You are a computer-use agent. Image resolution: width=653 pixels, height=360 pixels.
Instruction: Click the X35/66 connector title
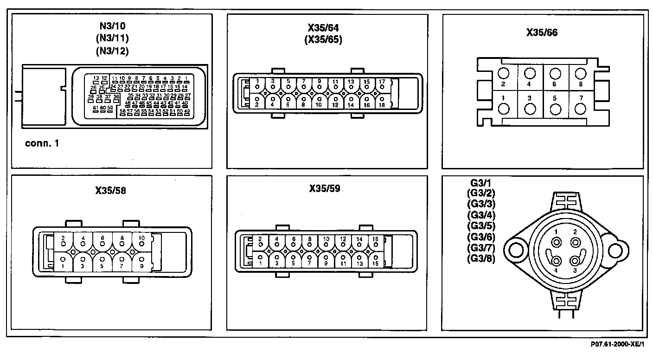[x=542, y=32]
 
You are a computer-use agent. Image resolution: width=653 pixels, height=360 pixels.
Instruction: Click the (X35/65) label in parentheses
[x=323, y=40]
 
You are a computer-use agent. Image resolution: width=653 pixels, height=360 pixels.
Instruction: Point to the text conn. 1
[x=42, y=143]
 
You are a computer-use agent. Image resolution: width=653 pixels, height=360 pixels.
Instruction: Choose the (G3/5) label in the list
[x=481, y=226]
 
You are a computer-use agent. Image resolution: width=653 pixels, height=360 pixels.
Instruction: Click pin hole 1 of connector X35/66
[x=504, y=109]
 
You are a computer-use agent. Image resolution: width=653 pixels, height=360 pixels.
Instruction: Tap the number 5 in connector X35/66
[x=555, y=98]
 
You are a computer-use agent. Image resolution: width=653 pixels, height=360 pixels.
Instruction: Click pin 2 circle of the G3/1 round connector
[x=576, y=242]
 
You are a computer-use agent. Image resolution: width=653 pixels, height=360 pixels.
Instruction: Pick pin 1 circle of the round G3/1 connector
[x=556, y=242]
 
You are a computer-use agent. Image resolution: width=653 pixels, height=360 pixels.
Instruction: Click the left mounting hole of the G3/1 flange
[x=515, y=251]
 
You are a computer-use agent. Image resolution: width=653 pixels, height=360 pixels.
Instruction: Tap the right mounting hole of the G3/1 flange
[x=616, y=251]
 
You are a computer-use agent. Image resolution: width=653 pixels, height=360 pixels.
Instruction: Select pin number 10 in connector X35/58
[x=141, y=238]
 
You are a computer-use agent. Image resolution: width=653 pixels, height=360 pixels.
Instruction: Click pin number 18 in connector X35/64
[x=381, y=105]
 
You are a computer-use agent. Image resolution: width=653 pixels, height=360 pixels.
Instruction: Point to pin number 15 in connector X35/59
[x=375, y=264]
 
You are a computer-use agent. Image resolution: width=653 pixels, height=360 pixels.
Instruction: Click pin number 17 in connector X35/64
[x=382, y=82]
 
